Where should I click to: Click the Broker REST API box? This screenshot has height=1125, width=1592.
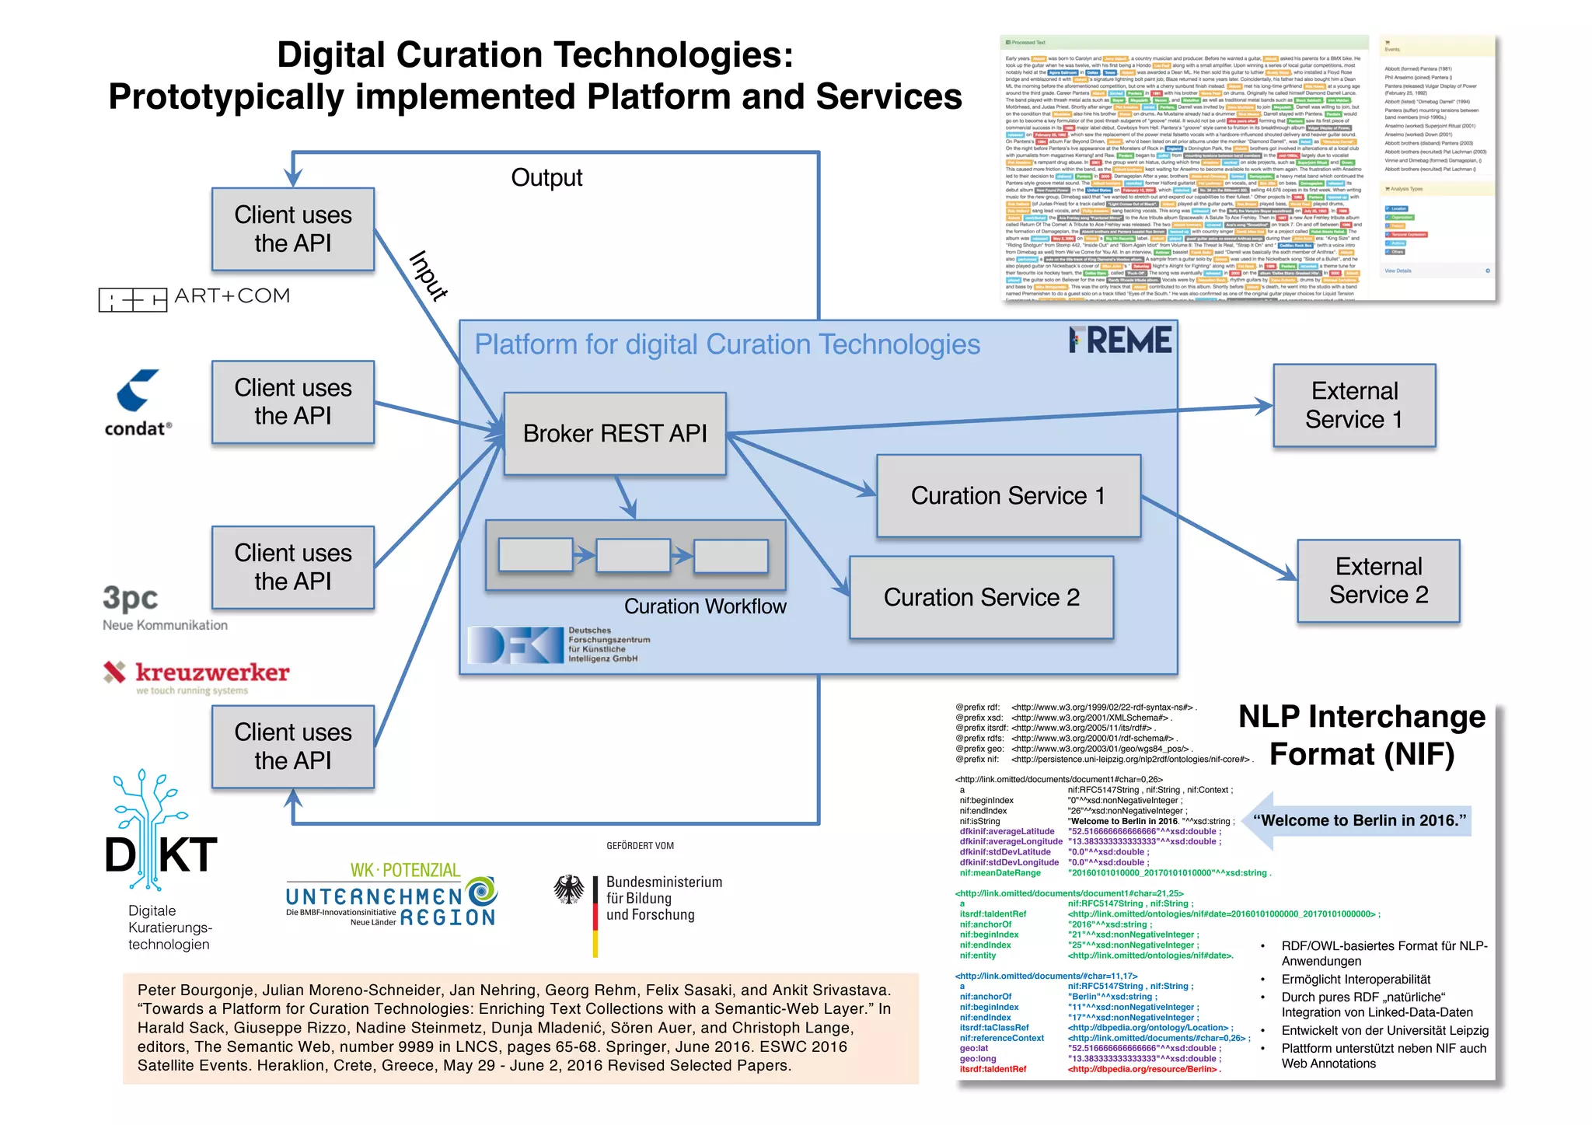(614, 433)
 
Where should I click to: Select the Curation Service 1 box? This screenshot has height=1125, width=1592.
(1007, 495)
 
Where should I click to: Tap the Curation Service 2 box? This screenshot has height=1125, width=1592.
(981, 597)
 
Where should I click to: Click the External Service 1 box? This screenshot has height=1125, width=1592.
(1353, 405)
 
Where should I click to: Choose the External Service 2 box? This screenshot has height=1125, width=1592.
(1378, 581)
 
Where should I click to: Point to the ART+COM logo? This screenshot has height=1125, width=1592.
(194, 297)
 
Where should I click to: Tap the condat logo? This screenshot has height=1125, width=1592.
(138, 403)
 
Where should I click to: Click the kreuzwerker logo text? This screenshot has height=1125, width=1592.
(211, 672)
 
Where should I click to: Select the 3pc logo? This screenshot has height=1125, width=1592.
(131, 599)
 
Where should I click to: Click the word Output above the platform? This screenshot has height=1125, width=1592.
(546, 178)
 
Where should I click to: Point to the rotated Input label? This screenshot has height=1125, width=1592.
(428, 275)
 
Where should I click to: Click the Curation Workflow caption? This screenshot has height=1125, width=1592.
(704, 606)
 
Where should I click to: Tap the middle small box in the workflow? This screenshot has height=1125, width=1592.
(633, 556)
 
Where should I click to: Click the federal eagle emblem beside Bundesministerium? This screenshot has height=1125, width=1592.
(569, 889)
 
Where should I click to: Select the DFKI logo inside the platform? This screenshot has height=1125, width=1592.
(515, 645)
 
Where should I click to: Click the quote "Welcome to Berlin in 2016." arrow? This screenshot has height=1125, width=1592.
(1359, 820)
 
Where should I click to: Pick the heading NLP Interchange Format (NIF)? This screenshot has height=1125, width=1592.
(1361, 735)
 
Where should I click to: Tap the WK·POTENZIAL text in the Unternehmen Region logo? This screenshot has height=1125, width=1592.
(405, 870)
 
